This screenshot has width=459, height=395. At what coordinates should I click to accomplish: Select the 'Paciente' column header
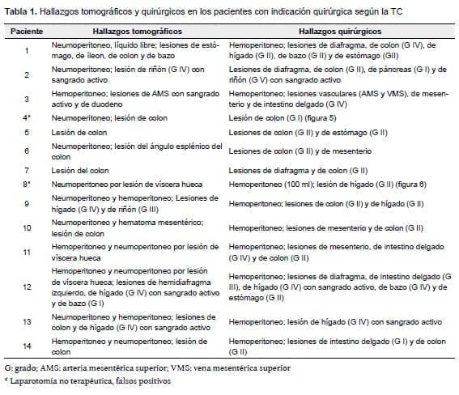tap(27, 31)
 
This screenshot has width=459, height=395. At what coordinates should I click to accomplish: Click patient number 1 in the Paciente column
tap(26, 51)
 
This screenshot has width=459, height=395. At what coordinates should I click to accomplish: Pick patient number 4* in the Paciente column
tap(27, 117)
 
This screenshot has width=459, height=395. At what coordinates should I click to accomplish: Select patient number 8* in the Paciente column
tap(27, 185)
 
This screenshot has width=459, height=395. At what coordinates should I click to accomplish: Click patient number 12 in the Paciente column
tap(26, 287)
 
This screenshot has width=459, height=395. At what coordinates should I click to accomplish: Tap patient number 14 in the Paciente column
tap(26, 347)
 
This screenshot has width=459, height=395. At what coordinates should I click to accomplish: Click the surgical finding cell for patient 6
tap(300, 151)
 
